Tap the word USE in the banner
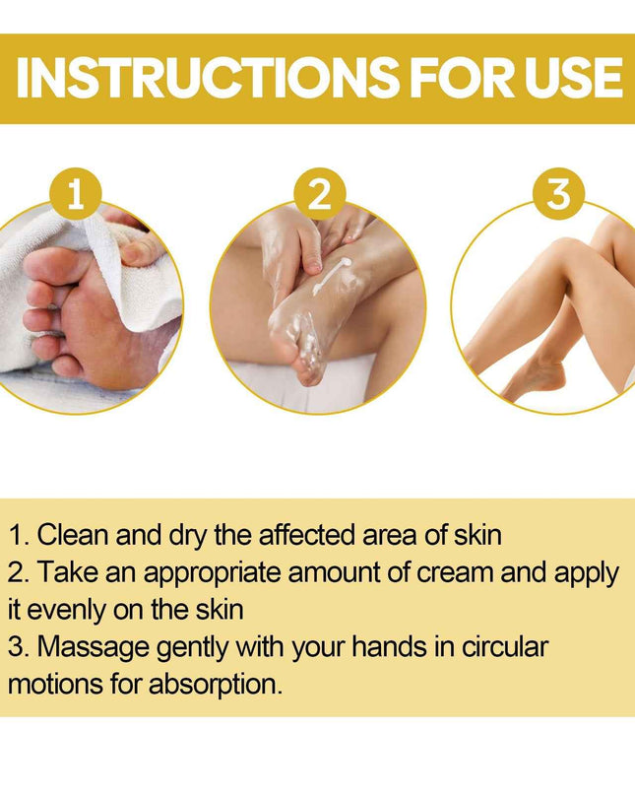point(570,79)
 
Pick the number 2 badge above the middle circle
point(319,195)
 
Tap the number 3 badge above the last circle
point(558,195)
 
